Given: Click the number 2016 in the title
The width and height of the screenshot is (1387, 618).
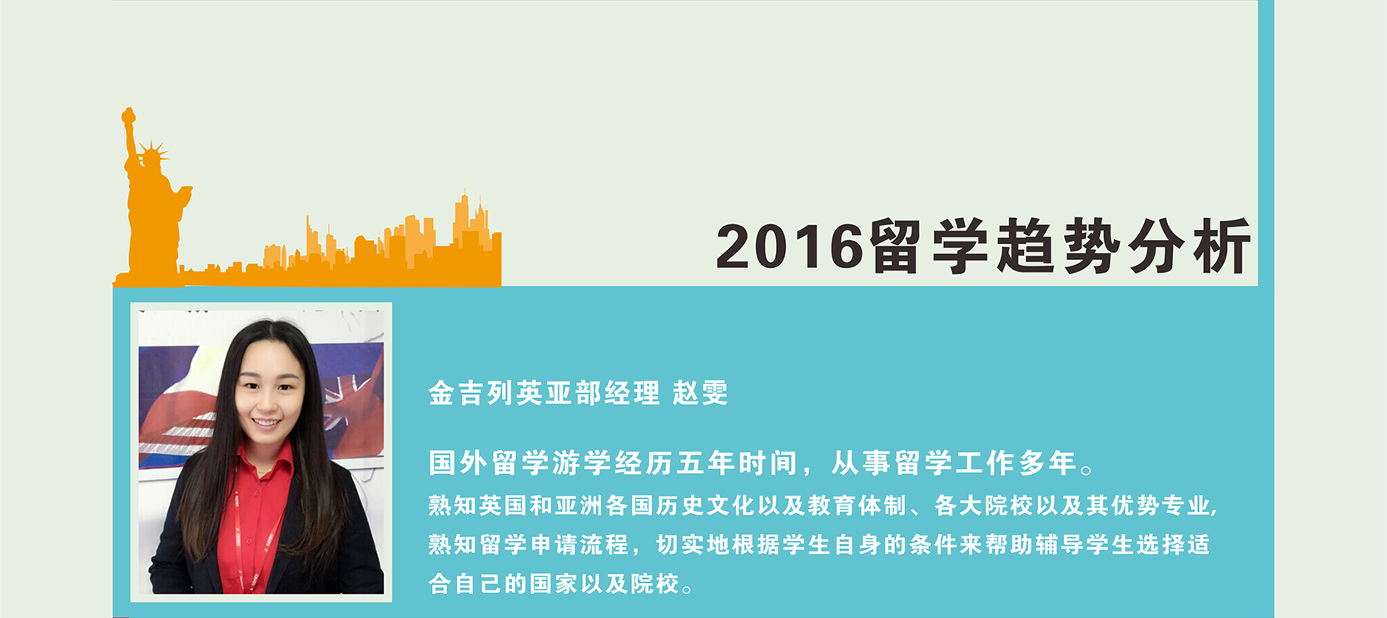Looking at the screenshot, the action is (x=790, y=247).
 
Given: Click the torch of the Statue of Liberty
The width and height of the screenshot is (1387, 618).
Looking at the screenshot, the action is (x=128, y=116).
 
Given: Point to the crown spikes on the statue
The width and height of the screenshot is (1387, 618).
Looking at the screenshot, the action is (x=153, y=150).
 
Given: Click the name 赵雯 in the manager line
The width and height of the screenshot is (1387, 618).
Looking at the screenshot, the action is (x=700, y=392).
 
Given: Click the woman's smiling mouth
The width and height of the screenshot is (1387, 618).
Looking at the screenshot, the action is (x=267, y=424).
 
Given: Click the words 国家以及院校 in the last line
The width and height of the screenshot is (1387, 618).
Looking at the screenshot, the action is (x=604, y=583).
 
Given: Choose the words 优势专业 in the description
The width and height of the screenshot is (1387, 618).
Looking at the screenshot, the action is (x=1161, y=506).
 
